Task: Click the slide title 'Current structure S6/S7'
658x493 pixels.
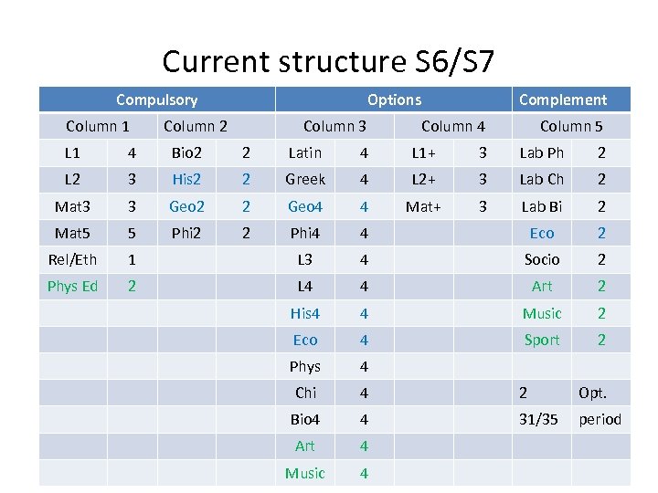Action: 328,61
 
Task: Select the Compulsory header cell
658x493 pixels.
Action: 156,100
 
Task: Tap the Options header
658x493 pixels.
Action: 394,100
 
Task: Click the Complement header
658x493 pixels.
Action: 562,100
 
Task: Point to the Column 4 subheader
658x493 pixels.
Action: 453,126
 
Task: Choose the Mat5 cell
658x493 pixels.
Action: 72,233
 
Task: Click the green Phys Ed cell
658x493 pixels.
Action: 72,286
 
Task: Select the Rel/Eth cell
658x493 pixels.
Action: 72,259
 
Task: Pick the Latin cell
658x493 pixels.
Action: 304,153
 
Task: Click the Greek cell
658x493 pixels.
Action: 304,180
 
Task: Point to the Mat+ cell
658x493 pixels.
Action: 424,206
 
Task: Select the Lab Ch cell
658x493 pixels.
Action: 542,180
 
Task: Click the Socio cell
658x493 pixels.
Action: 542,259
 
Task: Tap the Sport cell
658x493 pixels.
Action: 542,340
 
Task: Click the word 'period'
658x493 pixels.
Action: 600,419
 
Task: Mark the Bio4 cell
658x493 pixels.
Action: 304,419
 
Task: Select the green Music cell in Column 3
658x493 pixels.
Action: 304,473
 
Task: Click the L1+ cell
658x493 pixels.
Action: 424,153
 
